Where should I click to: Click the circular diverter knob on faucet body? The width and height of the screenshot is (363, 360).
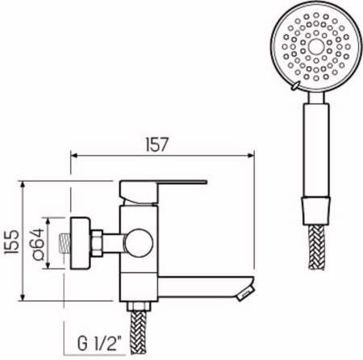[x=139, y=241]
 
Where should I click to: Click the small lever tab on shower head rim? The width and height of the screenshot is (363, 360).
[x=298, y=85]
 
